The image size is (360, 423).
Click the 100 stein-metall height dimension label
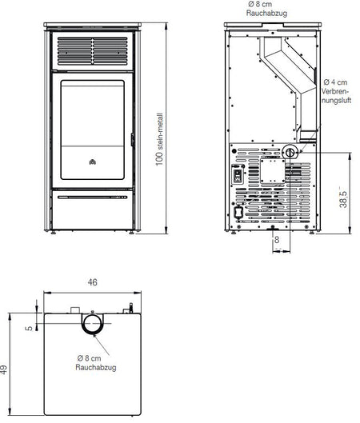pyautogui.click(x=159, y=139)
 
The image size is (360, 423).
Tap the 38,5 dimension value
pyautogui.click(x=343, y=199)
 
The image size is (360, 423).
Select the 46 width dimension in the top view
pyautogui.click(x=92, y=282)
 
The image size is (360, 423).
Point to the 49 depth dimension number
pyautogui.click(x=4, y=369)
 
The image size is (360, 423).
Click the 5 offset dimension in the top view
pyautogui.click(x=29, y=329)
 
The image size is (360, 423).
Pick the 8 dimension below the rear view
pyautogui.click(x=277, y=240)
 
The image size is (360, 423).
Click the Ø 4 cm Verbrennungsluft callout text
pyautogui.click(x=336, y=91)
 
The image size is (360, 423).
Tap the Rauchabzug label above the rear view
pyautogui.click(x=266, y=13)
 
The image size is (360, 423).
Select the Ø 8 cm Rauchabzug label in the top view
pyautogui.click(x=96, y=363)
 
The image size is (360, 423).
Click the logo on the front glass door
pyautogui.click(x=93, y=162)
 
